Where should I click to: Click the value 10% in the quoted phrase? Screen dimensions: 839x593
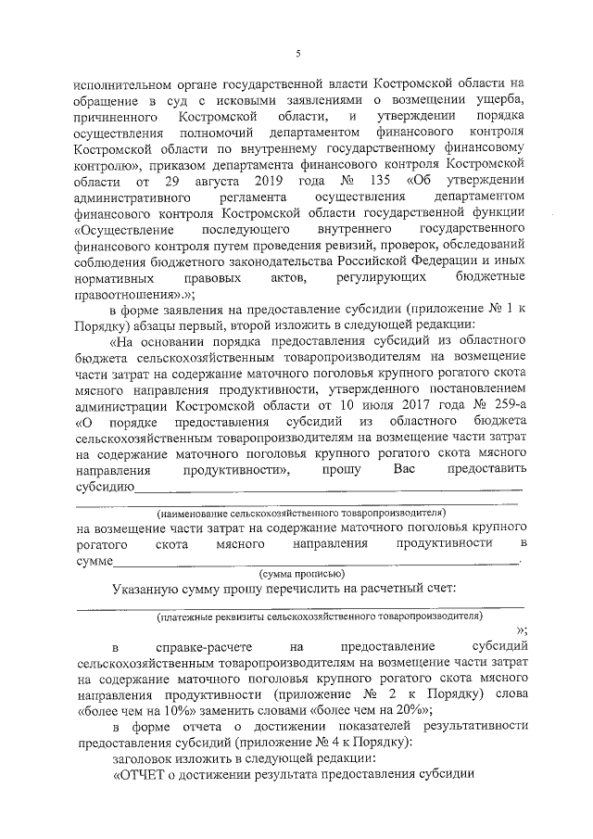point(140,709)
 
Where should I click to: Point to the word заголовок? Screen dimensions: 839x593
point(146,757)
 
